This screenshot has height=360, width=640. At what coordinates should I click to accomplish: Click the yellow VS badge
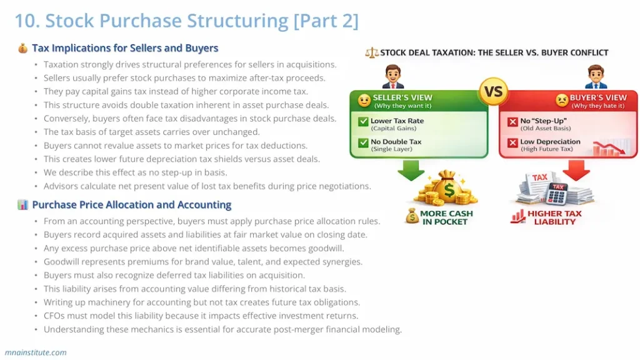(494, 92)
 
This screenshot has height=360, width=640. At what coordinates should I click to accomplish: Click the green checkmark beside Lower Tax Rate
(362, 122)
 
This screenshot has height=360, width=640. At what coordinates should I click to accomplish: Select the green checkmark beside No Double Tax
(362, 143)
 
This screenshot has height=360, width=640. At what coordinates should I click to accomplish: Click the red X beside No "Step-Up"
(512, 122)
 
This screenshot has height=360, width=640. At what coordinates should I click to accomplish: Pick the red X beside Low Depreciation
(512, 143)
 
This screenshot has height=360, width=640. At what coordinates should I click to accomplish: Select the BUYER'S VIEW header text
(598, 98)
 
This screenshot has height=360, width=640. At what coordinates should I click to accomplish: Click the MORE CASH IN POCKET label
(446, 217)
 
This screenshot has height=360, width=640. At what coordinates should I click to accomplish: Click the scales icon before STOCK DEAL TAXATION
(371, 53)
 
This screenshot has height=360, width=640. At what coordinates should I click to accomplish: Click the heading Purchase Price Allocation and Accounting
(131, 205)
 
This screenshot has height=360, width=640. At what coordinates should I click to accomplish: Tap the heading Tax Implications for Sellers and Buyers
(125, 48)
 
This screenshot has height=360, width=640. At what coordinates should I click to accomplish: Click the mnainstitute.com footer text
(36, 352)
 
